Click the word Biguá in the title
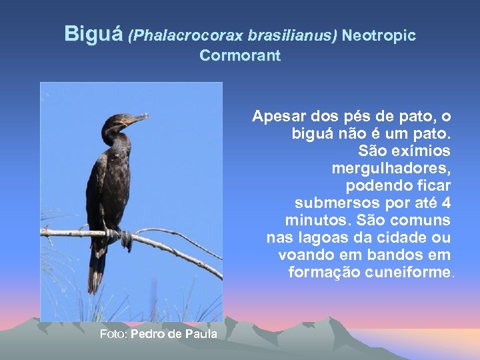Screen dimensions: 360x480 pos(94,34)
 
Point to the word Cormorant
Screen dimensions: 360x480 pos(240,56)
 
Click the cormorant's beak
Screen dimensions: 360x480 pos(137,120)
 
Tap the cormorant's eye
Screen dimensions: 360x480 pos(121,119)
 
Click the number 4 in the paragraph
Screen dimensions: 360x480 pos(446,202)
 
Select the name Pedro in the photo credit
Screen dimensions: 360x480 pos(148,333)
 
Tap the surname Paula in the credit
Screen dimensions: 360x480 pos(201,333)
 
